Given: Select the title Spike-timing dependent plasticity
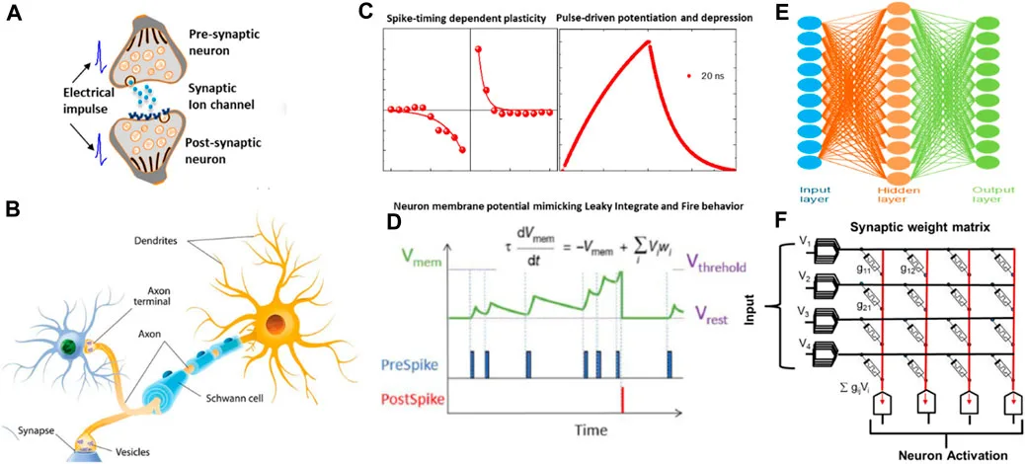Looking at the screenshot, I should pyautogui.click(x=463, y=18).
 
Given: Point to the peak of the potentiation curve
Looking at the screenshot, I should pyautogui.click(x=649, y=41).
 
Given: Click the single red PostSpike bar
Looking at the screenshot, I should pyautogui.click(x=623, y=398).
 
